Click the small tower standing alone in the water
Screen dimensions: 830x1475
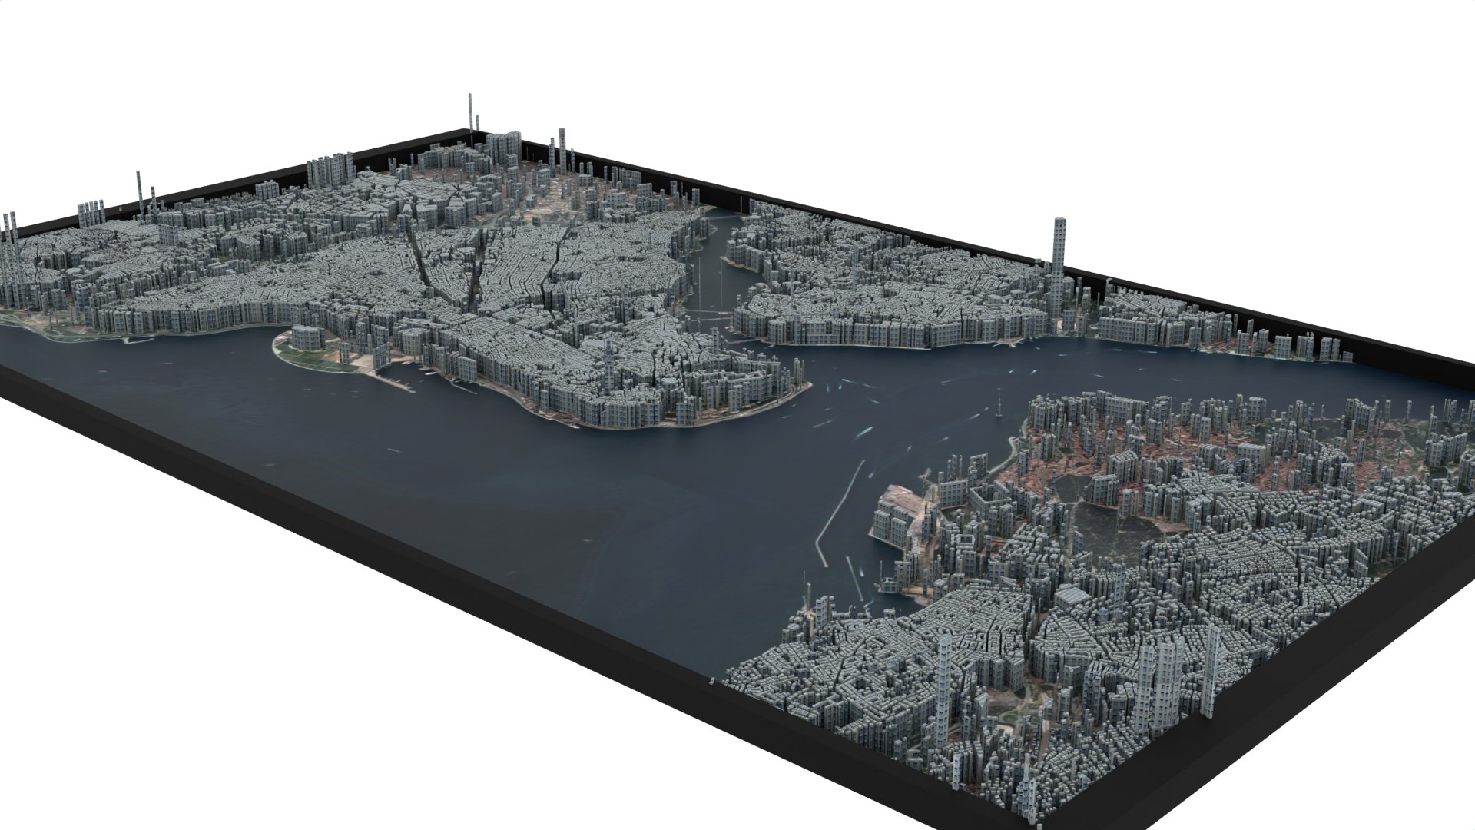tap(999, 404)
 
